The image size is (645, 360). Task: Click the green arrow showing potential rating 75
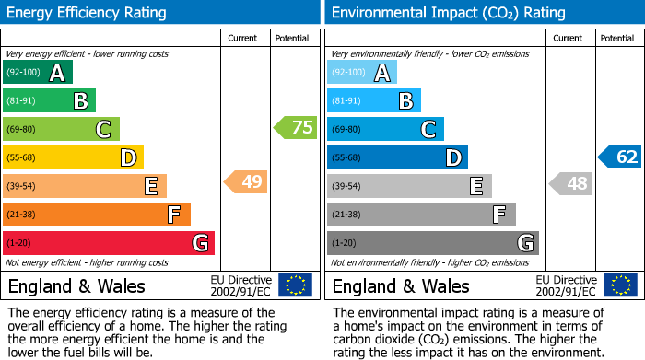[296, 128]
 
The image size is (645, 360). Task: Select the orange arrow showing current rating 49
[246, 181]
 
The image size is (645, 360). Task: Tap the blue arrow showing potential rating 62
[619, 157]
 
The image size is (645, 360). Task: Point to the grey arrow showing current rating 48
[571, 183]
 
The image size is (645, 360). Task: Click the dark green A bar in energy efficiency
[38, 73]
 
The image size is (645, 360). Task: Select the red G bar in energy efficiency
[109, 243]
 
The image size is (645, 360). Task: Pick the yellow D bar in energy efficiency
[74, 157]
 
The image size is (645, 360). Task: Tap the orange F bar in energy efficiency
[97, 215]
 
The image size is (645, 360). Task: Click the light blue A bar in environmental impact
[362, 73]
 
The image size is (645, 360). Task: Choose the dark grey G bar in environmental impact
[432, 243]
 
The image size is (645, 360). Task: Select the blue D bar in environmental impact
[397, 157]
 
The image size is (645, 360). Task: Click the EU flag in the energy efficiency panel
[296, 285]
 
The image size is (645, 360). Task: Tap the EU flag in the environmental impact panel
[620, 285]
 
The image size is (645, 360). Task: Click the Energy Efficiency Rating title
[88, 13]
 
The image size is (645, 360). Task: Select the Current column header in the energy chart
[244, 38]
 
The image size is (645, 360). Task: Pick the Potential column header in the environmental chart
[617, 38]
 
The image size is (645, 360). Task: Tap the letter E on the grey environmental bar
[475, 186]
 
